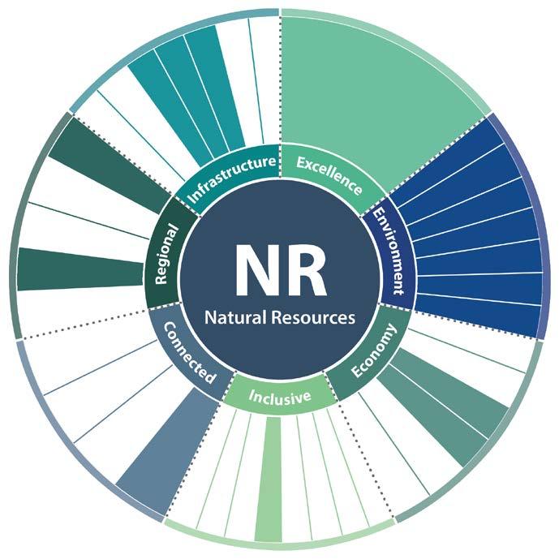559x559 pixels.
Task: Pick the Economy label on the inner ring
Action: pyautogui.click(x=373, y=351)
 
